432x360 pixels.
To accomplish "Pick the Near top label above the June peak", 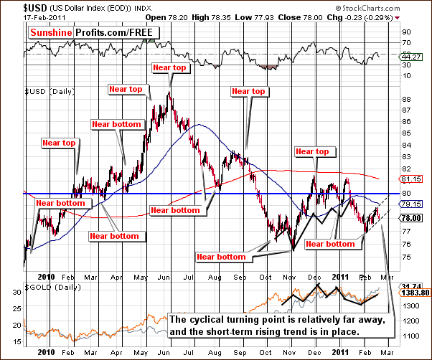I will tap(169, 68).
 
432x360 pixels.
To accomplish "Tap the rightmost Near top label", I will tap(313, 151).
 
